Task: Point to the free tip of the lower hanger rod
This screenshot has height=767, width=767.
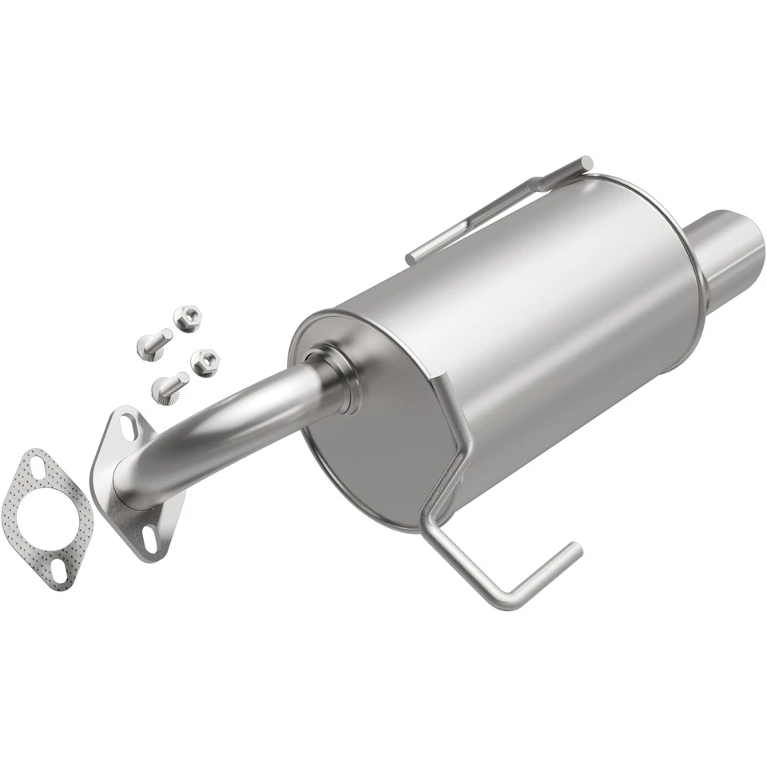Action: [574, 549]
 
